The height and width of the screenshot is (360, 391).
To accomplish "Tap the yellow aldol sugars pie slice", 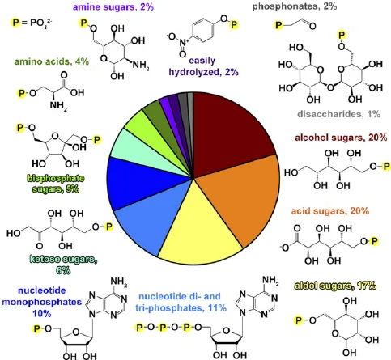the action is point(200,232).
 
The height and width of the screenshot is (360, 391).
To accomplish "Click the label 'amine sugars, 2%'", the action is point(113,6).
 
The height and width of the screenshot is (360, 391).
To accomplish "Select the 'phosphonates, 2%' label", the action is point(295,6).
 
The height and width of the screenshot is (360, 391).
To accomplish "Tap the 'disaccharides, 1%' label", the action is point(339,114).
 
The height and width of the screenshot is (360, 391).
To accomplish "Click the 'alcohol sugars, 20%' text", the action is point(341,138).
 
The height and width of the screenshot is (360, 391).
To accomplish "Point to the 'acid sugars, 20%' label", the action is point(330,210).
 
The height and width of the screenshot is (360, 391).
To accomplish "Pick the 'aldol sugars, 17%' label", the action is point(335,286).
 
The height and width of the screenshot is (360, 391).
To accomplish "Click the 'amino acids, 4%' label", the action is point(52,61).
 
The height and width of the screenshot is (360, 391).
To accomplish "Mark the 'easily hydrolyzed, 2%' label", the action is point(203,66).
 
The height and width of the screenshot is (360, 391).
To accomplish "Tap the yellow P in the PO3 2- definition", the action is point(16,23).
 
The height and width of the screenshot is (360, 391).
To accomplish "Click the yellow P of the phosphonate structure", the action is point(278,25).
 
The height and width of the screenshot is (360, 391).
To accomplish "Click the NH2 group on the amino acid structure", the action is point(58,105).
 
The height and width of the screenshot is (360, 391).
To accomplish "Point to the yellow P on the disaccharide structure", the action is point(342,35).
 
